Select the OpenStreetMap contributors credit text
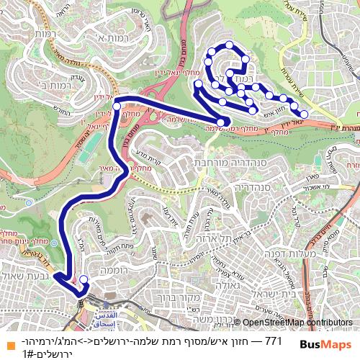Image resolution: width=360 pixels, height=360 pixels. (297, 323)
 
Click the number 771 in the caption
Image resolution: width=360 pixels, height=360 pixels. (273, 340)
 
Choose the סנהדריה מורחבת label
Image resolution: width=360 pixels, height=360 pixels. (229, 163)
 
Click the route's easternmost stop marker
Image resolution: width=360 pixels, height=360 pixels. (304, 114)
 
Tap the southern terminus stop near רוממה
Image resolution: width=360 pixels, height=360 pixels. (84, 279)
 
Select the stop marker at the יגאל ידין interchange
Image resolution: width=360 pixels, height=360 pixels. (116, 107)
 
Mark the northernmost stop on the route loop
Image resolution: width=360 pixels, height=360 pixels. (229, 45)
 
